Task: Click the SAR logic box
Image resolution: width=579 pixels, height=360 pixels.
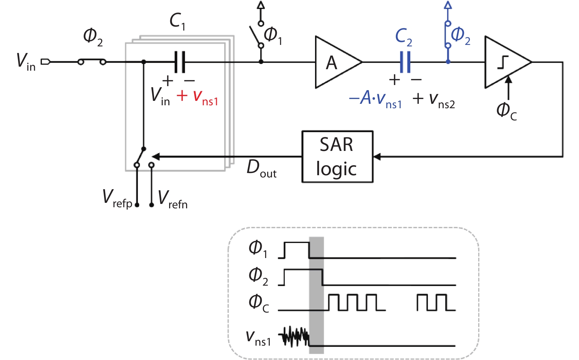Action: pyautogui.click(x=337, y=156)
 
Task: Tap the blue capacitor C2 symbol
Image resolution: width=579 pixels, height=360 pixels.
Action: pyautogui.click(x=405, y=62)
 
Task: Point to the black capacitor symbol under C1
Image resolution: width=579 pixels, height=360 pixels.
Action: pyautogui.click(x=180, y=62)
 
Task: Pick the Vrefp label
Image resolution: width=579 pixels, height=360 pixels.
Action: pyautogui.click(x=117, y=199)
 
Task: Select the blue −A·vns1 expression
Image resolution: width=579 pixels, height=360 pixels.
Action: pyautogui.click(x=375, y=99)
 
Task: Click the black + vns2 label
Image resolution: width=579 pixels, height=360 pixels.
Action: pyautogui.click(x=434, y=99)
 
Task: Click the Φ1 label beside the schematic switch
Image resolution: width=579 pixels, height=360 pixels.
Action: pyautogui.click(x=273, y=36)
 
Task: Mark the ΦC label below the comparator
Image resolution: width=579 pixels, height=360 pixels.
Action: pyautogui.click(x=507, y=111)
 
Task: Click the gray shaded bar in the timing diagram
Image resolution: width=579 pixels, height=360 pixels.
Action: pyautogui.click(x=316, y=294)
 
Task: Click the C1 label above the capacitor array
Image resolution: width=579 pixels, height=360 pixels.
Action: pyautogui.click(x=177, y=21)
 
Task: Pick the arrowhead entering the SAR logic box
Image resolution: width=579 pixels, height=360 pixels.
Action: pyautogui.click(x=377, y=157)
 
